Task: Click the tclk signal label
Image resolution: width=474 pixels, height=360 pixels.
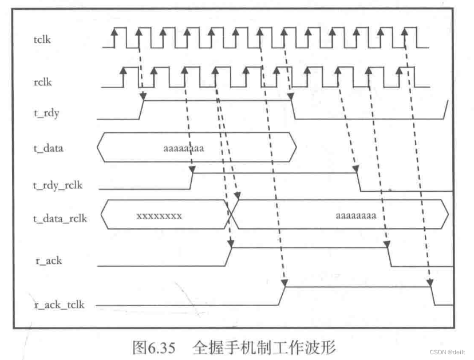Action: click(44, 39)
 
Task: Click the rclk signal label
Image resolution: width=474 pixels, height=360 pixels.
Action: click(43, 82)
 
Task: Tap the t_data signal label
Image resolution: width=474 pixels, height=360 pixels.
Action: click(49, 148)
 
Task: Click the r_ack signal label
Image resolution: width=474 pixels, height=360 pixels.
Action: click(49, 260)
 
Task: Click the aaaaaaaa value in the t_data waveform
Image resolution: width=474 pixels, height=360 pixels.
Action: click(184, 148)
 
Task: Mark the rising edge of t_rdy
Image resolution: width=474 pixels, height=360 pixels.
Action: click(141, 110)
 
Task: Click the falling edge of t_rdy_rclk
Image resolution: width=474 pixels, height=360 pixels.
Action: click(360, 181)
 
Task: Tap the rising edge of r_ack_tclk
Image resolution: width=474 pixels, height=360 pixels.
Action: click(283, 295)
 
